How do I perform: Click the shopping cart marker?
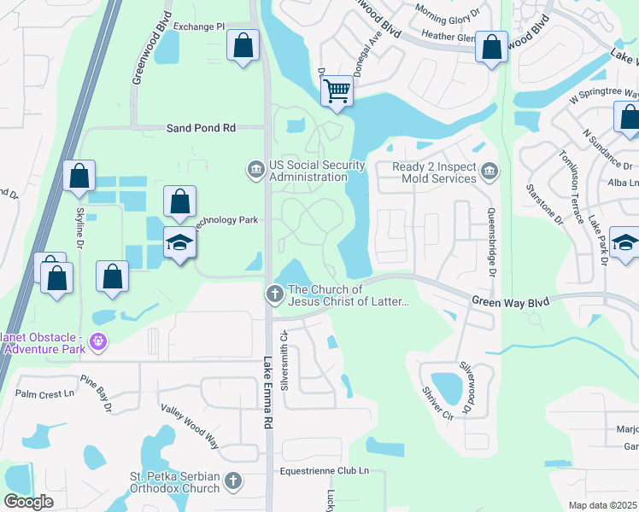[337, 90]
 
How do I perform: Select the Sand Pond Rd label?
[200, 127]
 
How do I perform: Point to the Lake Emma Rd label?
[267, 393]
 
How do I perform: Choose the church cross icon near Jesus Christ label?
[275, 294]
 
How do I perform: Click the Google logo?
[28, 502]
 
